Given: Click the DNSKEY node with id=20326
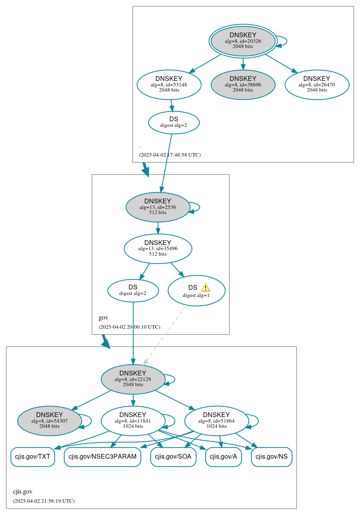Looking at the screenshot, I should (x=243, y=41).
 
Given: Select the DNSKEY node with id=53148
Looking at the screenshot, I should (x=169, y=84).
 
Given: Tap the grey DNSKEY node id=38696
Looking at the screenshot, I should (x=243, y=84).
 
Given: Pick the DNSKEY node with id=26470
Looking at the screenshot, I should (x=317, y=84).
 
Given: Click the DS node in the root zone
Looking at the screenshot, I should (x=174, y=122).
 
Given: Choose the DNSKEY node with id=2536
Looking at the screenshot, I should (x=158, y=207).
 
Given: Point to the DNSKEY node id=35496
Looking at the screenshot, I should (x=158, y=249).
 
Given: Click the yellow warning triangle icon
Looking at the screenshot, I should (x=205, y=288).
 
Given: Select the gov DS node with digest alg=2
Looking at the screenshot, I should (x=133, y=291).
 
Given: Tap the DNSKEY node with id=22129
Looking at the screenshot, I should (x=133, y=379).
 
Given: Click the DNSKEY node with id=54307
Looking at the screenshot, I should (x=50, y=421).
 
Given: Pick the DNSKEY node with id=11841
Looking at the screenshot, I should (x=133, y=421).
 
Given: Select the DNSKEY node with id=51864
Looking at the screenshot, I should (x=216, y=421).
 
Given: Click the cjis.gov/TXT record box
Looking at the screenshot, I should (x=33, y=457).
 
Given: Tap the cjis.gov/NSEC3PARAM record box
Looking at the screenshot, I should (x=102, y=457).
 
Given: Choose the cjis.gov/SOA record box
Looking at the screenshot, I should (x=173, y=457).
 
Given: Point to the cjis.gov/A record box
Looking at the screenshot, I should (x=223, y=457).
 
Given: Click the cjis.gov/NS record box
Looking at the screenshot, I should (x=272, y=457).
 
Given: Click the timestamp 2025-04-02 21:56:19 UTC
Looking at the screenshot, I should (x=44, y=501).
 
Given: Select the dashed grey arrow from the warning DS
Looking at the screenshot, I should (x=165, y=335).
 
